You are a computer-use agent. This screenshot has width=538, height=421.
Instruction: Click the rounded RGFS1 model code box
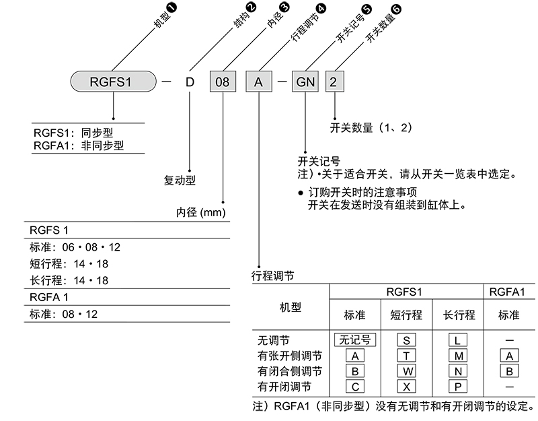pos(112,83)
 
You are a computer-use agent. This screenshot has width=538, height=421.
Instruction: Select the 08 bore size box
pos(222,83)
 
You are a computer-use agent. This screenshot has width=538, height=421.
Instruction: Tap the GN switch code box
pos(306,83)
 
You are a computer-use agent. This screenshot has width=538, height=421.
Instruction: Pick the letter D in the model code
pos(190,83)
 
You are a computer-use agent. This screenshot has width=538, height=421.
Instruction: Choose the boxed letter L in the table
pos(459,339)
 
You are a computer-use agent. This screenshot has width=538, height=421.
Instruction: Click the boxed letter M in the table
pos(459,355)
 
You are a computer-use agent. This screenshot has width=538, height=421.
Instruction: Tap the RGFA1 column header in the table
pos(509,292)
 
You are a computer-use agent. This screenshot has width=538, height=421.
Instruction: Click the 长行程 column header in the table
pos(459,315)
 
